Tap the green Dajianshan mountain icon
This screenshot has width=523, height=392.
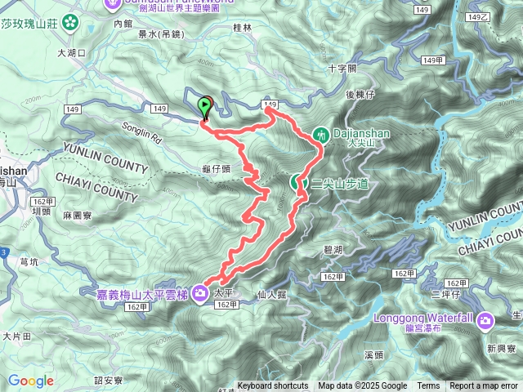point(322,132)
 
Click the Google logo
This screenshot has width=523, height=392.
point(31,381)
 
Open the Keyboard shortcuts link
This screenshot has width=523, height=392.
point(273,386)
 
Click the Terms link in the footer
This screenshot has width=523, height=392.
point(428,386)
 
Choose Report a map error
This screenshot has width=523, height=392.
point(484,386)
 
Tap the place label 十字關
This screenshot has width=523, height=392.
point(342,69)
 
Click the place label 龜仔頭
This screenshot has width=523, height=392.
point(216,168)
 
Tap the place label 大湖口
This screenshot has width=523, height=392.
point(71,52)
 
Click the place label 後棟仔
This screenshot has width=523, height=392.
point(360,95)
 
